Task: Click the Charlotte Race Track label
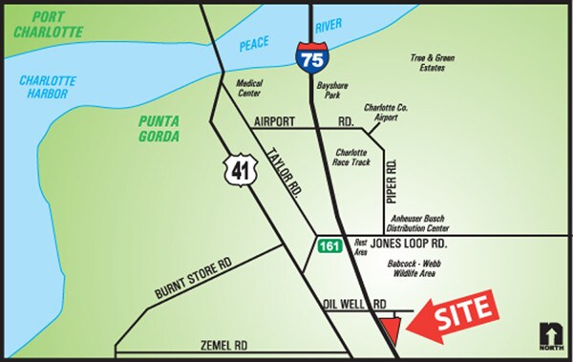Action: pyautogui.click(x=352, y=157)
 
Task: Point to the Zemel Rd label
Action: pyautogui.click(x=225, y=344)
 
